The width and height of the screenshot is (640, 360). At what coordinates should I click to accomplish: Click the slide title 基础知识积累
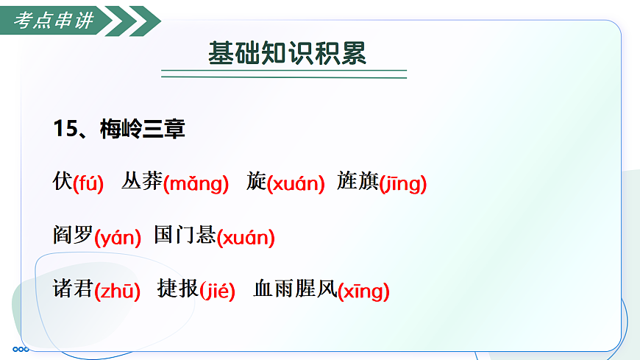coord(286,54)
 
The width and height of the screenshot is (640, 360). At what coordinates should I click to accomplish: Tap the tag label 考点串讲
coord(54,21)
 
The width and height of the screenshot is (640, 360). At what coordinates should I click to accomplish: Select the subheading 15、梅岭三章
coord(119,129)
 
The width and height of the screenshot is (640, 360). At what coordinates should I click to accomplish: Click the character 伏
coord(63,181)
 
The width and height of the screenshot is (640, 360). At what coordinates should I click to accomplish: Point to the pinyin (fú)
coord(88,183)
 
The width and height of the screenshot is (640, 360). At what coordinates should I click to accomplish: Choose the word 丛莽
coord(142,181)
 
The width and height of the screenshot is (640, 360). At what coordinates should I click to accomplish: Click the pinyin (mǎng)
coord(196,183)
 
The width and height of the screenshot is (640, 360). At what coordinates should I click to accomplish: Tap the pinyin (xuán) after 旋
coord(295,183)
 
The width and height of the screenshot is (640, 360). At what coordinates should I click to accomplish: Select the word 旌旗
coord(358,181)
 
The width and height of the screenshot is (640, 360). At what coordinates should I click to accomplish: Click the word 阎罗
coord(73,236)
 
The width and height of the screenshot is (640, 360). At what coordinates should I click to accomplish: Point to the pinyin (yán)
coord(118,237)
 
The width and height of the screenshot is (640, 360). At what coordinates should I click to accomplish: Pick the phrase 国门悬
coord(185,236)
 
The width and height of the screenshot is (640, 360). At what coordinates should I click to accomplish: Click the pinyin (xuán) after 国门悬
coord(246,237)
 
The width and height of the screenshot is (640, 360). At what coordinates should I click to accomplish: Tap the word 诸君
coord(73,289)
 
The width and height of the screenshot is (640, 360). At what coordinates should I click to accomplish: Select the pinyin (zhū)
coord(118,291)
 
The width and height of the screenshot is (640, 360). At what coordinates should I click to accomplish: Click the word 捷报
coord(177,289)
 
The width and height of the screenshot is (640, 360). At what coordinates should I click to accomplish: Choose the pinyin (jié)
coord(217,291)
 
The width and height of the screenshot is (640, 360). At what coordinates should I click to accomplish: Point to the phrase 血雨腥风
coord(294,289)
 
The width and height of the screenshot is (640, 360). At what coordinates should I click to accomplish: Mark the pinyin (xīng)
coord(363,291)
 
